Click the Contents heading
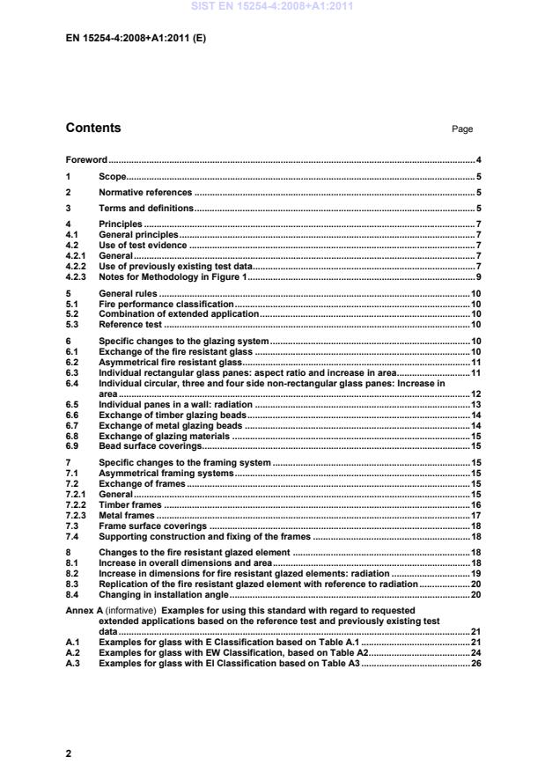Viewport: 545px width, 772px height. point(93,128)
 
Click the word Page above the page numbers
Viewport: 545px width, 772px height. point(462,129)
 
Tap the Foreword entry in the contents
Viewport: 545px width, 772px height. point(86,160)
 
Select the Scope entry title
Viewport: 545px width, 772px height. point(113,176)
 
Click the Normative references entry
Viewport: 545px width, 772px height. point(144,192)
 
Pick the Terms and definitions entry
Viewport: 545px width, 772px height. point(145,208)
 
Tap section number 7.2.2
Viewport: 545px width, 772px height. point(77,504)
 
